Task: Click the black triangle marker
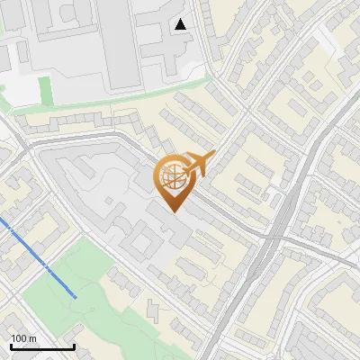tap(182, 23)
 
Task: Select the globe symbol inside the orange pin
tap(171, 176)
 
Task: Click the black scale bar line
tap(42, 346)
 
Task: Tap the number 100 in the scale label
tap(19, 338)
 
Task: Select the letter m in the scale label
tap(32, 338)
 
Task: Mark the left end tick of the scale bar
tap(11, 344)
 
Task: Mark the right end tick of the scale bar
tap(74, 344)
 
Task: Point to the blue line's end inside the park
tap(75, 296)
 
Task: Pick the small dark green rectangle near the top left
tap(45, 89)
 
